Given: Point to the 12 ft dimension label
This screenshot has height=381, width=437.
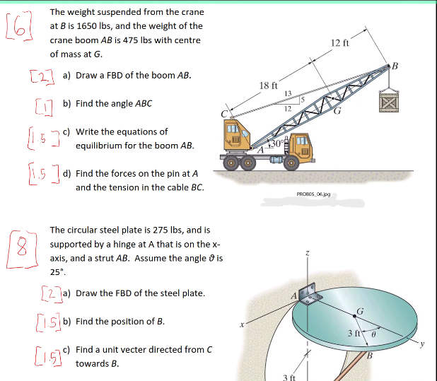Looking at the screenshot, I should (x=340, y=44).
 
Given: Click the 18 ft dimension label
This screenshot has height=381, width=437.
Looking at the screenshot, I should (x=268, y=85).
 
